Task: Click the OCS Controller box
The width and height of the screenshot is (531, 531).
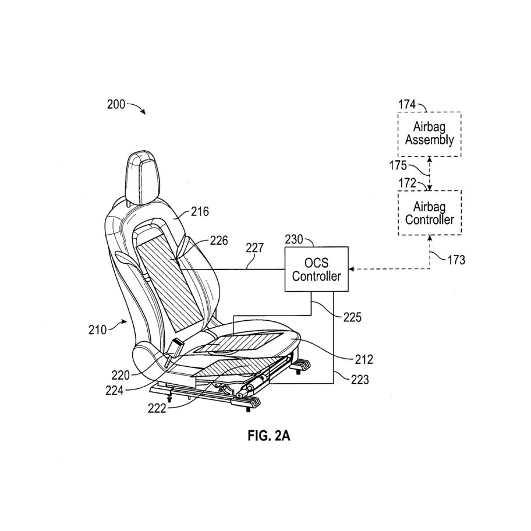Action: click(x=316, y=269)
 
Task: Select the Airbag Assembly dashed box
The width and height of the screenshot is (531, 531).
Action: click(x=430, y=134)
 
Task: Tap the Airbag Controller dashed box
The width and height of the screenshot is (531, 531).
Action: click(x=430, y=213)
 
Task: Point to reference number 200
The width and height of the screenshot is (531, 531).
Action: click(x=116, y=104)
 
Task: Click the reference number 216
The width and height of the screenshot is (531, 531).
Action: click(x=200, y=212)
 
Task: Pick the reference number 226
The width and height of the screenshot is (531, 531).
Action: click(x=219, y=241)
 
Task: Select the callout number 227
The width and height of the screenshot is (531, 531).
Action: click(x=254, y=248)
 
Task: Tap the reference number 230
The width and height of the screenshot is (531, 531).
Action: click(x=293, y=239)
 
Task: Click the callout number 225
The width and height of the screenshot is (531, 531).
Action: click(x=352, y=317)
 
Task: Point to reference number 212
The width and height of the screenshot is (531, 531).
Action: click(x=364, y=359)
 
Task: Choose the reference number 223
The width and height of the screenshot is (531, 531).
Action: click(x=360, y=380)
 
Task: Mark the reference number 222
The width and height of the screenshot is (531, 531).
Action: click(x=157, y=409)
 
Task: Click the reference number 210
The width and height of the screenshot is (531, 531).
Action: click(x=98, y=330)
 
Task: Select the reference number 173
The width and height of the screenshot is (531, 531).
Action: click(x=456, y=260)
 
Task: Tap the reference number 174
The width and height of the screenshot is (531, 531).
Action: click(x=407, y=105)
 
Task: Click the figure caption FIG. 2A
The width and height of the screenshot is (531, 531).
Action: click(x=269, y=436)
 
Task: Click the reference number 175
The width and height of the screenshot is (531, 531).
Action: click(x=398, y=165)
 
